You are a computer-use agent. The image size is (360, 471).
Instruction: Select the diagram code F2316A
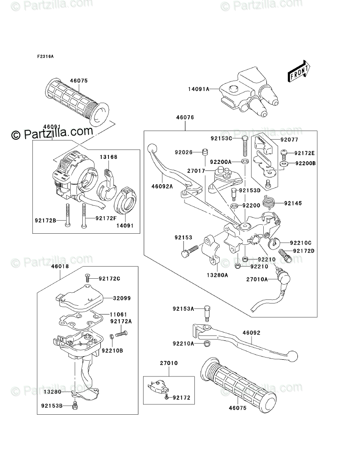(45, 57)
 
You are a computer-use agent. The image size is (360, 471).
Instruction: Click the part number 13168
(108, 157)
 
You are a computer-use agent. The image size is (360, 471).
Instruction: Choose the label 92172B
(45, 221)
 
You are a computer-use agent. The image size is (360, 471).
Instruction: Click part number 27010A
(257, 279)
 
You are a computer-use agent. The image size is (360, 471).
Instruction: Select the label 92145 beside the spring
(293, 203)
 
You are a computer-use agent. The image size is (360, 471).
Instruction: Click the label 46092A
(160, 185)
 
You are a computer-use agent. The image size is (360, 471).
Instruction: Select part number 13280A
(218, 274)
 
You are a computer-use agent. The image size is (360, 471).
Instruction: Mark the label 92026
(184, 153)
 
